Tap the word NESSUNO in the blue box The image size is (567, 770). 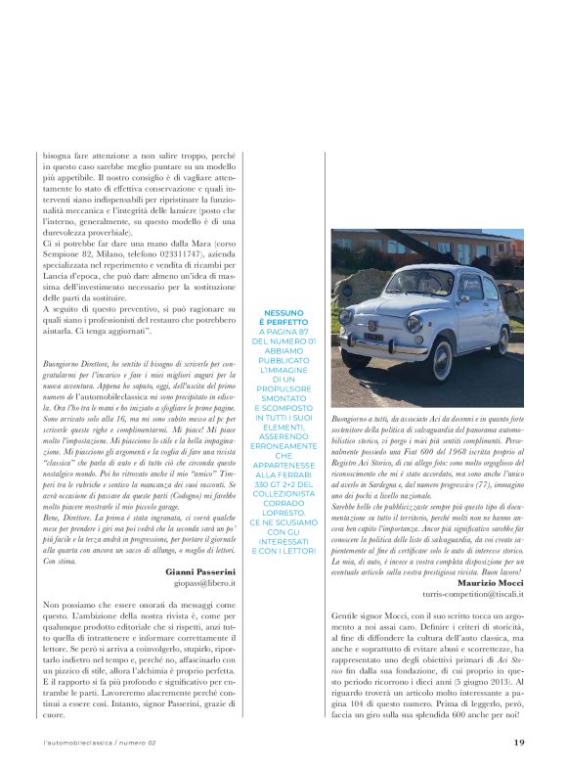[283, 313]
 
